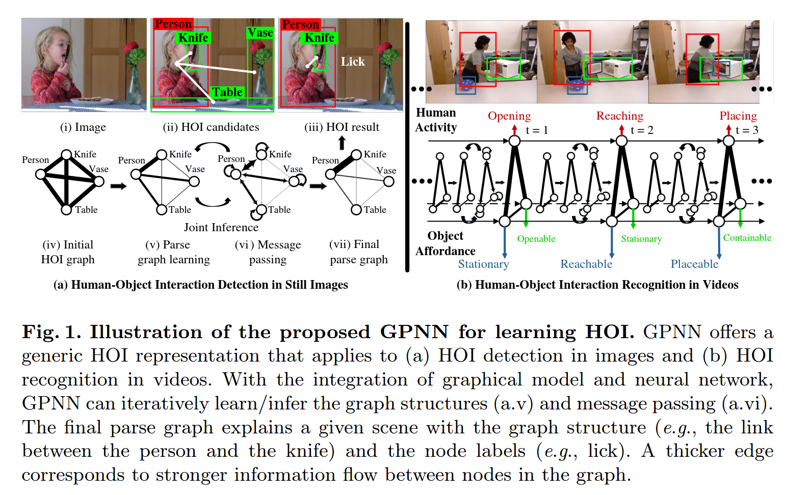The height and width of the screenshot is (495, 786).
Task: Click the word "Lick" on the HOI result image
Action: pyautogui.click(x=353, y=62)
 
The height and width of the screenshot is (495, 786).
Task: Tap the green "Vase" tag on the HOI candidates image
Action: pyautogui.click(x=260, y=33)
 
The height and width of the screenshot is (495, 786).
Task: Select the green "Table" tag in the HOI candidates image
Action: pyautogui.click(x=227, y=92)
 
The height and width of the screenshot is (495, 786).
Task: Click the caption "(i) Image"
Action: pyautogui.click(x=83, y=127)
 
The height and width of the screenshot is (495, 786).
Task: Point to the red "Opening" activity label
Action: pyautogui.click(x=509, y=116)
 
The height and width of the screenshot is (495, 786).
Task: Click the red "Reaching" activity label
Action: pyautogui.click(x=620, y=116)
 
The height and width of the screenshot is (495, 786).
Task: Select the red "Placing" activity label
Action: pyautogui.click(x=738, y=116)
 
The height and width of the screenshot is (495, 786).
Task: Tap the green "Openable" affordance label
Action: pyautogui.click(x=536, y=239)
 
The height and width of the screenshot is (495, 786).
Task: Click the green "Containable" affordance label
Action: pyautogui.click(x=747, y=238)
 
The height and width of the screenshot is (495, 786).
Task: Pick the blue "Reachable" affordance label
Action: pyautogui.click(x=586, y=264)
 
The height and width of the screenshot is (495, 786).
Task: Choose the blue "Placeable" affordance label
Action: pyautogui.click(x=694, y=264)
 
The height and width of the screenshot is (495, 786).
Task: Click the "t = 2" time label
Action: pyautogui.click(x=642, y=130)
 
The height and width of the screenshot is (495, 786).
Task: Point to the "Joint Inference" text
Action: pyautogui.click(x=221, y=227)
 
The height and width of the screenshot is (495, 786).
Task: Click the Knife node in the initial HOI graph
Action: pyautogui.click(x=66, y=155)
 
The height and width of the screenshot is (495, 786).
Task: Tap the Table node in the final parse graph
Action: pyautogui.click(x=356, y=209)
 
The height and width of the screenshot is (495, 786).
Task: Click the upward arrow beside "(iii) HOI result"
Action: pyautogui.click(x=342, y=143)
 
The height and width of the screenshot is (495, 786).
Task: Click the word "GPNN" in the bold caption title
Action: pyautogui.click(x=414, y=332)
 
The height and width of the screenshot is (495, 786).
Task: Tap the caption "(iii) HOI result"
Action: pyautogui.click(x=342, y=127)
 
